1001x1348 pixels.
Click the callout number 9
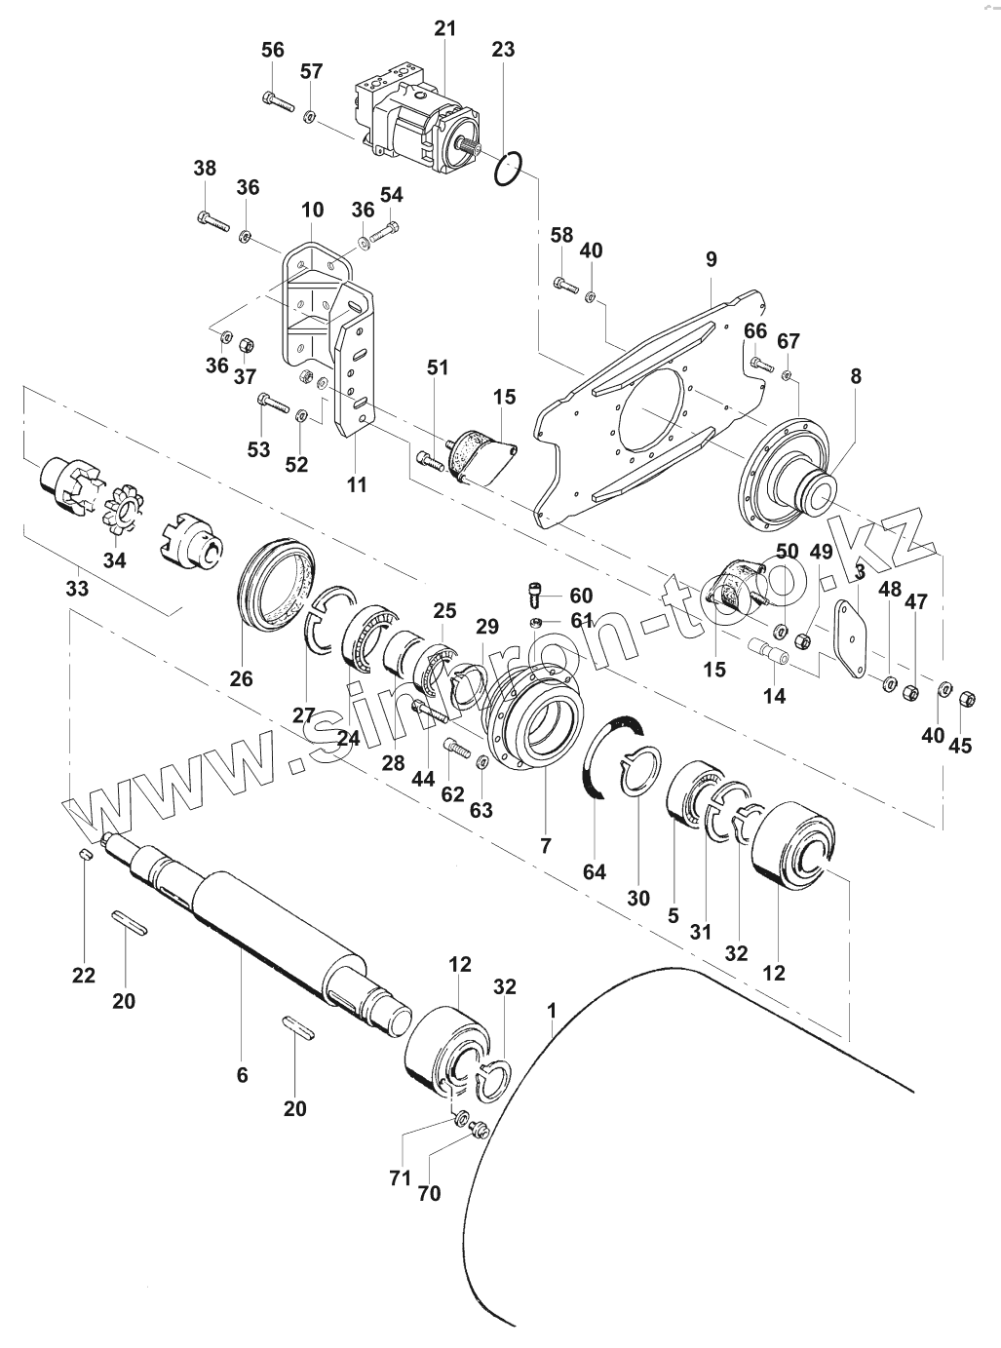coord(711,259)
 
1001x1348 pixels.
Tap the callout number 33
coord(77,589)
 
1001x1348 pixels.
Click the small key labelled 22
coord(86,854)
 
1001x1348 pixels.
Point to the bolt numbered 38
coord(212,220)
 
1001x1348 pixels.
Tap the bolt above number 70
coord(478,1129)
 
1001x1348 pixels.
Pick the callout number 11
coord(358,483)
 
